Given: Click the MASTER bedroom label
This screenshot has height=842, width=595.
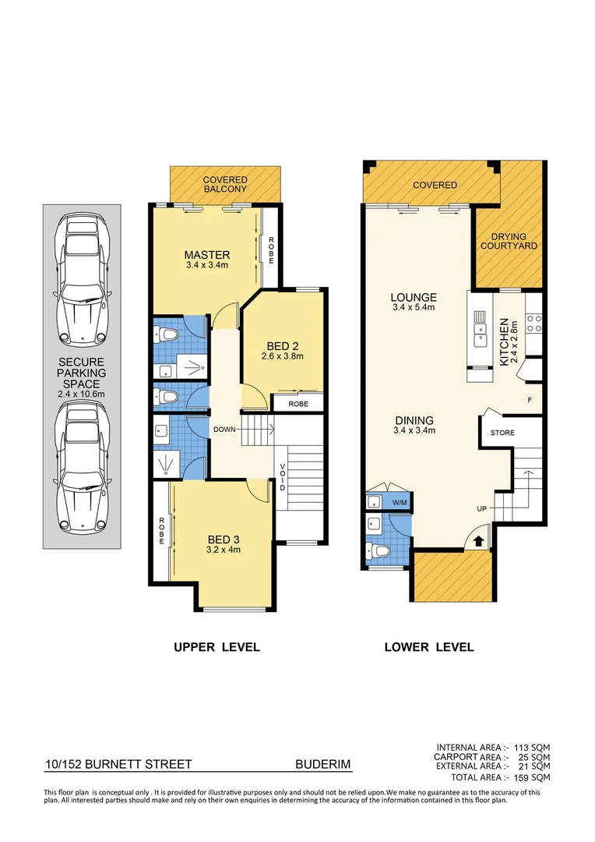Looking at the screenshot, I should [206, 255].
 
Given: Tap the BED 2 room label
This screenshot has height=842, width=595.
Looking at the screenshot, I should [281, 345].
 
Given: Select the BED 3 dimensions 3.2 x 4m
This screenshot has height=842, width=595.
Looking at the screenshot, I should [218, 550].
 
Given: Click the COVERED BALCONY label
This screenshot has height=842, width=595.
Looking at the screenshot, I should [225, 184].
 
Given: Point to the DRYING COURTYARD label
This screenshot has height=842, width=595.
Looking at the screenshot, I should [509, 241].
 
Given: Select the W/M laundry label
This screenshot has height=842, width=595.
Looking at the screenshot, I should [400, 502].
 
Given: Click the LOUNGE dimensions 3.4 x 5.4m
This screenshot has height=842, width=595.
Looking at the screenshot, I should [414, 308].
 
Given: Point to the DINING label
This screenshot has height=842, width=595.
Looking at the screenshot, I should [414, 419].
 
